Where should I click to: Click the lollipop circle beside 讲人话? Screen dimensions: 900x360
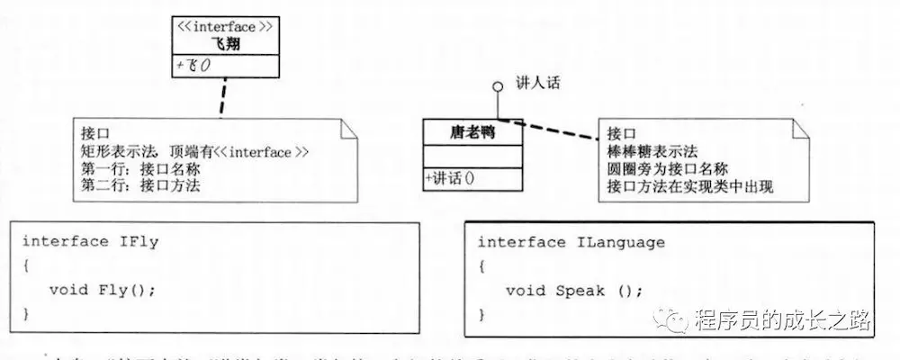click(495, 86)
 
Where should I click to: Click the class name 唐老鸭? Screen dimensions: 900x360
click(472, 132)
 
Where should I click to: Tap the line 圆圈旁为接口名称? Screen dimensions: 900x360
click(667, 168)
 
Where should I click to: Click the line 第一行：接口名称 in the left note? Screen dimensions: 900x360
click(141, 169)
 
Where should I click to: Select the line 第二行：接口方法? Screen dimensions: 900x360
click(141, 186)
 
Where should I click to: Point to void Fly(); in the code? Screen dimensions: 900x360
click(103, 289)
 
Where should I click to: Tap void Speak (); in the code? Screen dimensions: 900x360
click(573, 290)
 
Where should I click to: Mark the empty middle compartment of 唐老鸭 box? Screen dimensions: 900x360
click(472, 157)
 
